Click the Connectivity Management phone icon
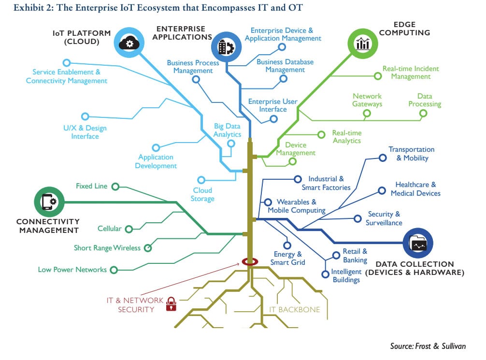tap(49, 201)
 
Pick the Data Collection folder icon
tap(418, 243)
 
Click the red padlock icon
tap(170, 304)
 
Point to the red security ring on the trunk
tap(250, 262)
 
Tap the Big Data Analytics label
tap(227, 130)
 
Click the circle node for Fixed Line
tap(115, 186)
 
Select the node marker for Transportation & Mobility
tap(382, 158)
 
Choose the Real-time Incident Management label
tap(411, 72)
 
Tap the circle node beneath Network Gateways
tap(367, 114)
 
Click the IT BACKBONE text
tap(295, 309)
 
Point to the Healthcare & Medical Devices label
tap(415, 189)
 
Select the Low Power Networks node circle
tap(114, 270)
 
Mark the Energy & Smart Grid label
tap(288, 258)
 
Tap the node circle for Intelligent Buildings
tap(325, 274)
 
